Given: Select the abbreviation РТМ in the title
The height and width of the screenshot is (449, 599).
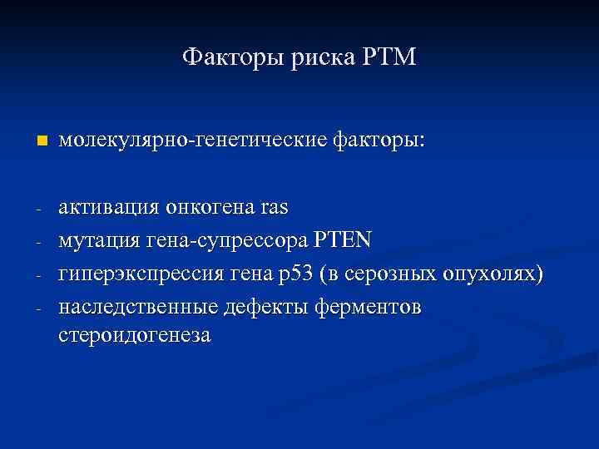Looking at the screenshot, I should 390,58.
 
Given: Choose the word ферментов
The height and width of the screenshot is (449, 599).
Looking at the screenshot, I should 368,308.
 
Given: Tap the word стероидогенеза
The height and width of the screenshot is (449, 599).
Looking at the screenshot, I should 135,335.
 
